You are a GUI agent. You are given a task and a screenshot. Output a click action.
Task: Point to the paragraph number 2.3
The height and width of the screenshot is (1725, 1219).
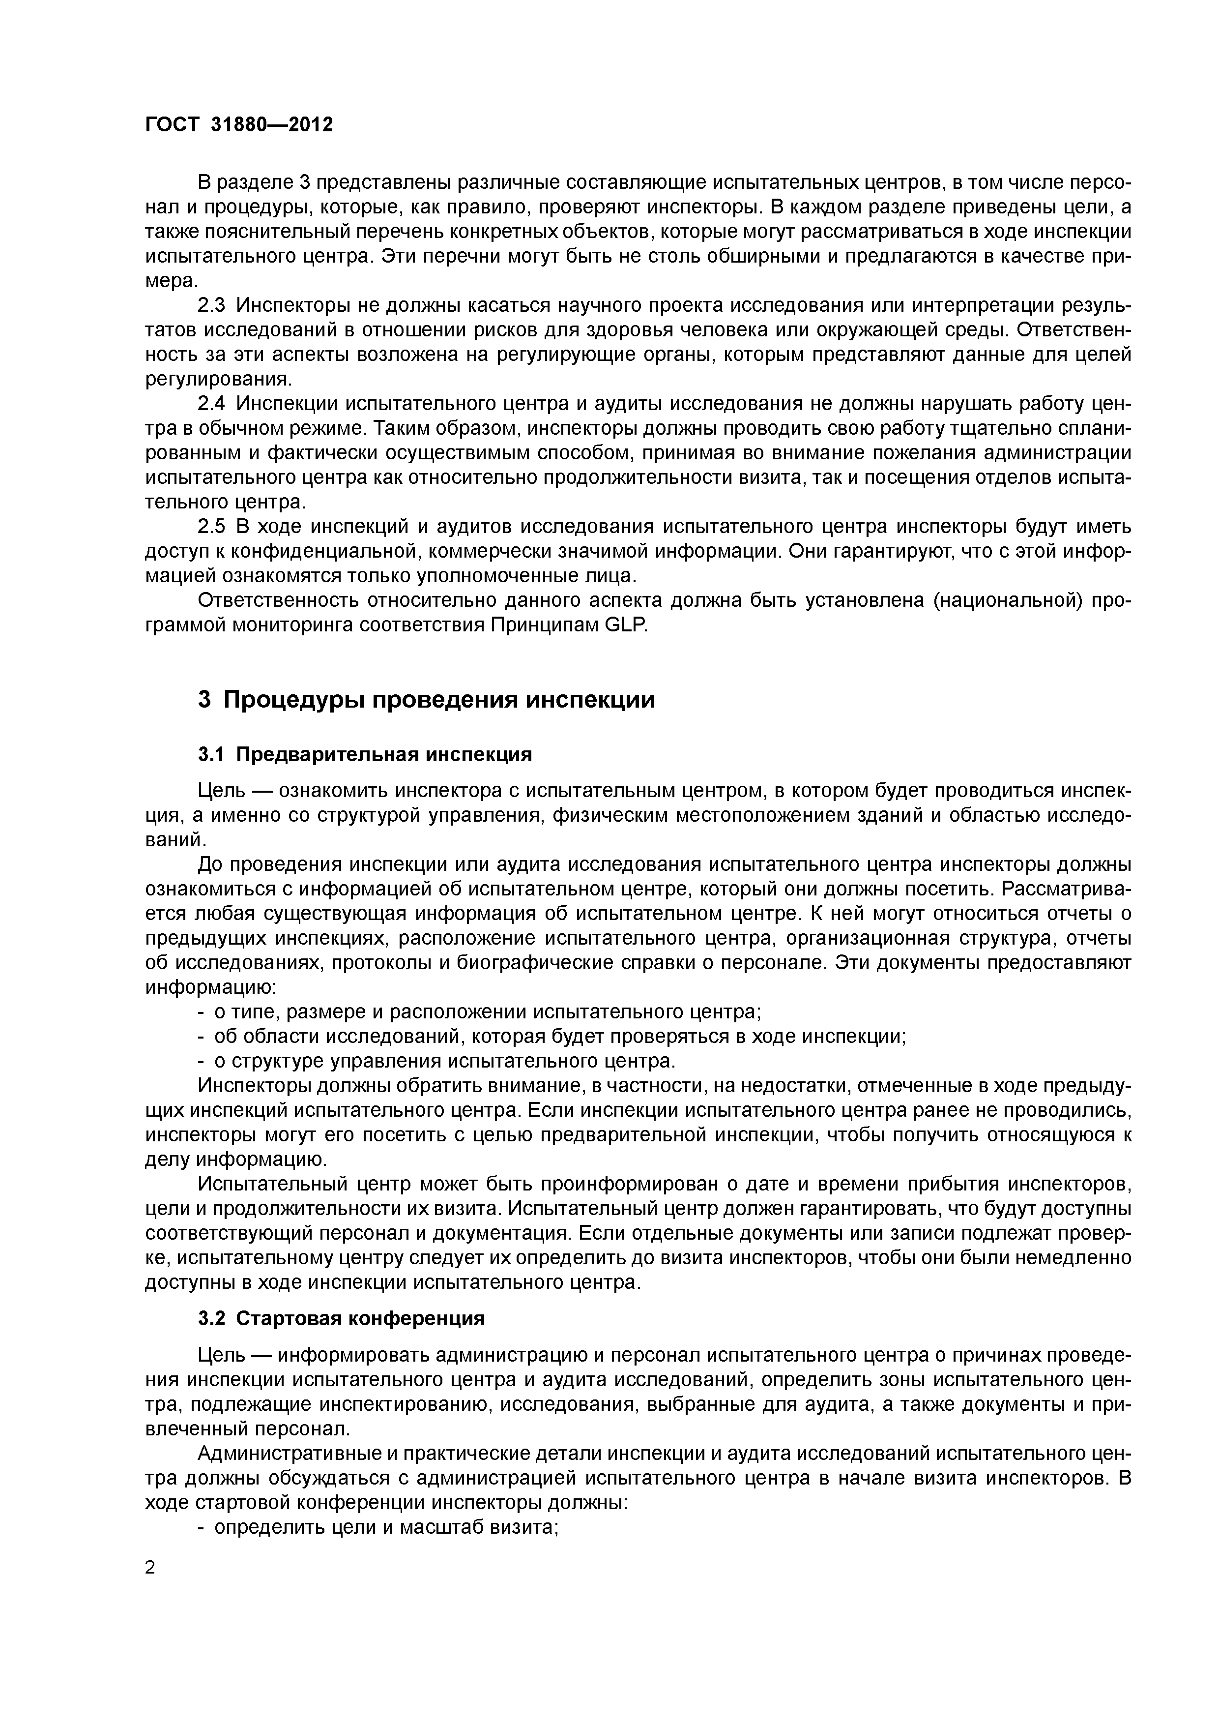211,306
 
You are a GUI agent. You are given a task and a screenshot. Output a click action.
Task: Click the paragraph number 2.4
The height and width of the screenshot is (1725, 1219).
211,404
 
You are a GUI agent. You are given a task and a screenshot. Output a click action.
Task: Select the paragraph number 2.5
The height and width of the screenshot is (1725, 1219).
211,527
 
